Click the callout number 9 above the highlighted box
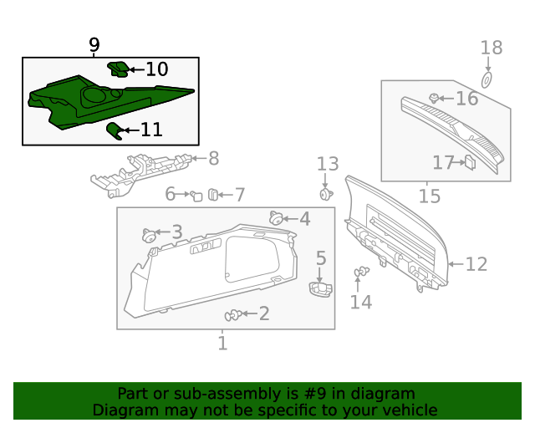coord(94,44)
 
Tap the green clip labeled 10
coord(119,69)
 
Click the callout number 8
coord(213,157)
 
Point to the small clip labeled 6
coord(196,196)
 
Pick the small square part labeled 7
coord(213,195)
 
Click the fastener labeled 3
coord(151,234)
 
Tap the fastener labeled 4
coord(275,218)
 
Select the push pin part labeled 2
coord(233,315)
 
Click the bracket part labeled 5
coord(319,288)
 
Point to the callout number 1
coord(222,343)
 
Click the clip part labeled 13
coord(325,194)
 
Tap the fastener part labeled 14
coord(361,272)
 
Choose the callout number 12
coord(476,265)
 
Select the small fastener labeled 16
coord(434,99)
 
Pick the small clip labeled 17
coord(469,162)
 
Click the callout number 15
coord(429,196)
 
